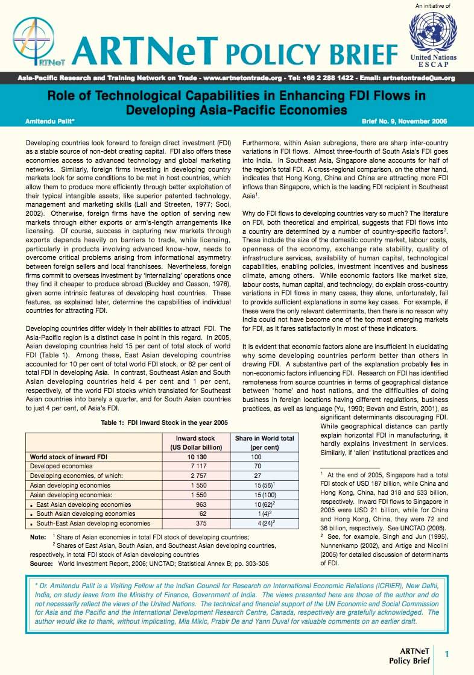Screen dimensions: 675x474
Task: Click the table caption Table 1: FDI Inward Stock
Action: (x=164, y=422)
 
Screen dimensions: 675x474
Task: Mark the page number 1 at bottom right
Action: (x=447, y=654)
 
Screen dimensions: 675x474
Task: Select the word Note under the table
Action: (x=38, y=536)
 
